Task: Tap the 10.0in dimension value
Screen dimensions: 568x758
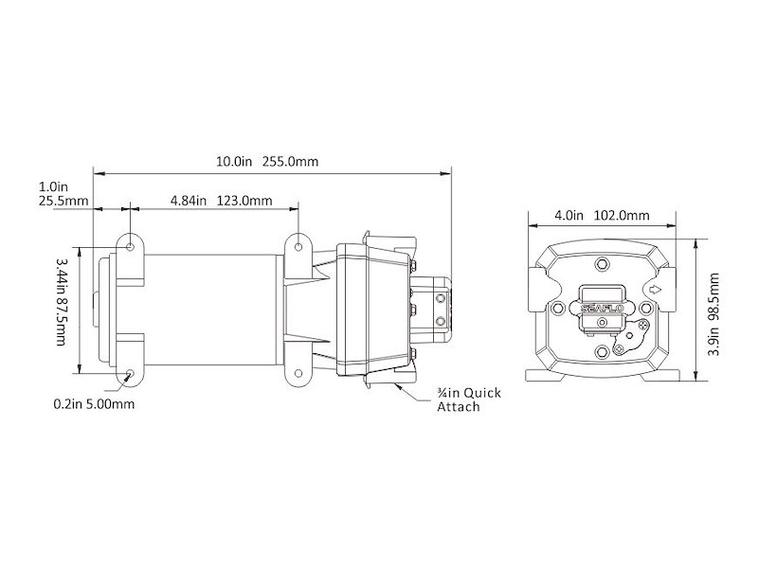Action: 233,162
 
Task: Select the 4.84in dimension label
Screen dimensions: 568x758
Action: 189,201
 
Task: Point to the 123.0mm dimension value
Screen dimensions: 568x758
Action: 245,201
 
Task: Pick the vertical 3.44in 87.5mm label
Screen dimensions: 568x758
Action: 63,300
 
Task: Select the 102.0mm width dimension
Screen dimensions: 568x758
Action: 622,216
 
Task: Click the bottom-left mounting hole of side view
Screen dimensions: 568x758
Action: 129,373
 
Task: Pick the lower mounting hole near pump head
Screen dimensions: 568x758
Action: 299,373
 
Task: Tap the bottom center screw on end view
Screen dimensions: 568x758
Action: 599,355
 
